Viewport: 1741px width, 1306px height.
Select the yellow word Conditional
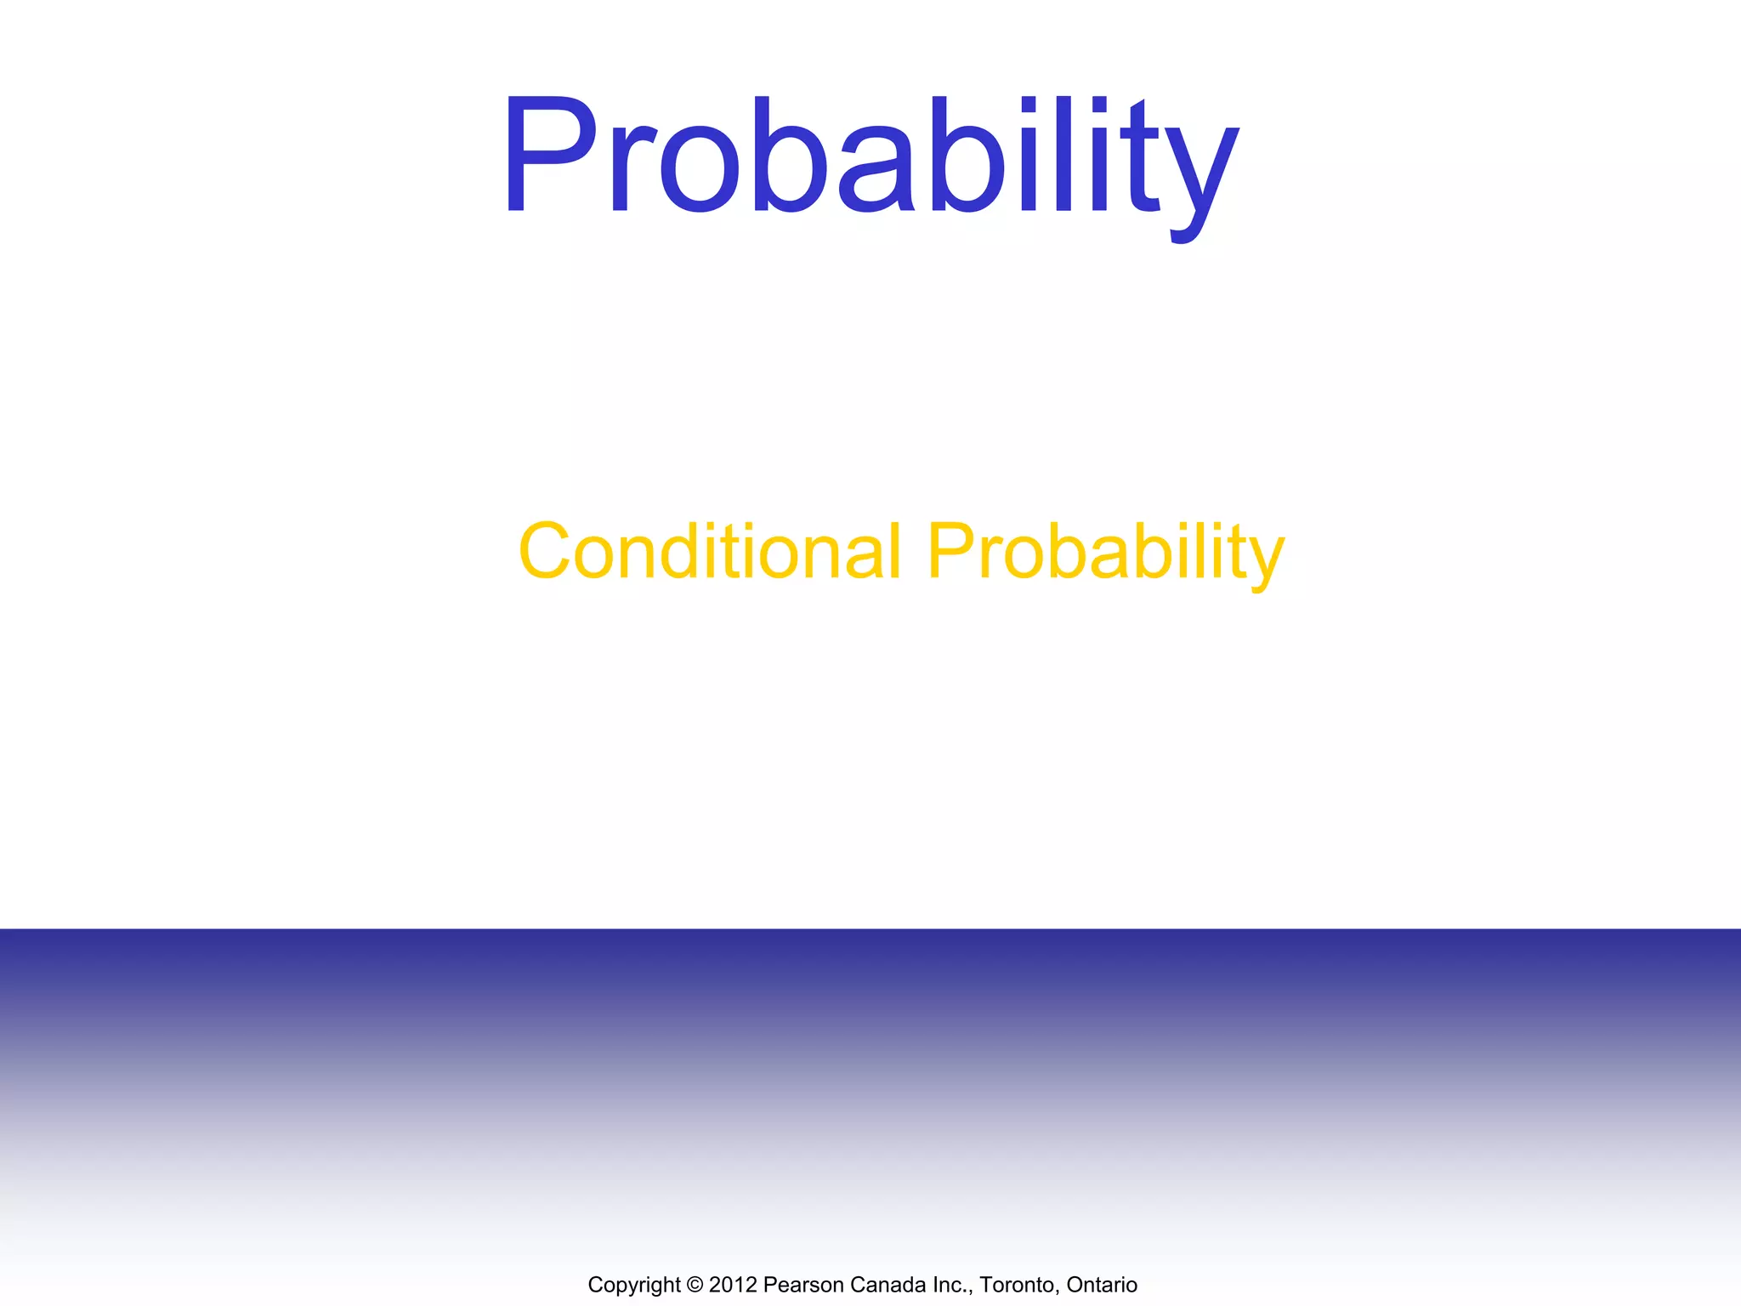coord(709,552)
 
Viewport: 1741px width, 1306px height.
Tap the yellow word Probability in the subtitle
coord(1105,552)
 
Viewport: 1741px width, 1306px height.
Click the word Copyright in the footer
coord(633,1285)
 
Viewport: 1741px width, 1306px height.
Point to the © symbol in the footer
coord(695,1285)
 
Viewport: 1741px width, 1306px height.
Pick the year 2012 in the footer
coord(732,1285)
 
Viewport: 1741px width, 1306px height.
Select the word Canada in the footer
coord(885,1285)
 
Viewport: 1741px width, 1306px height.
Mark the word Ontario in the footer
coord(1102,1285)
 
